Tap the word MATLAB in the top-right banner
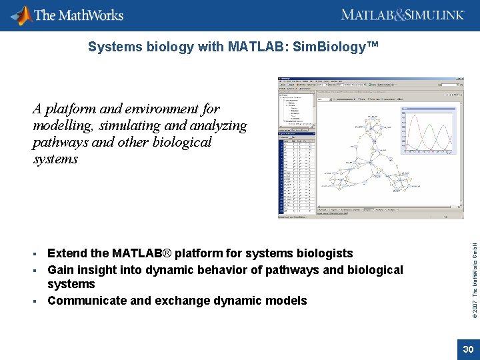[367, 15]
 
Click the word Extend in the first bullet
[67, 253]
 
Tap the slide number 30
[468, 350]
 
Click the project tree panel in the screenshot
[295, 111]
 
